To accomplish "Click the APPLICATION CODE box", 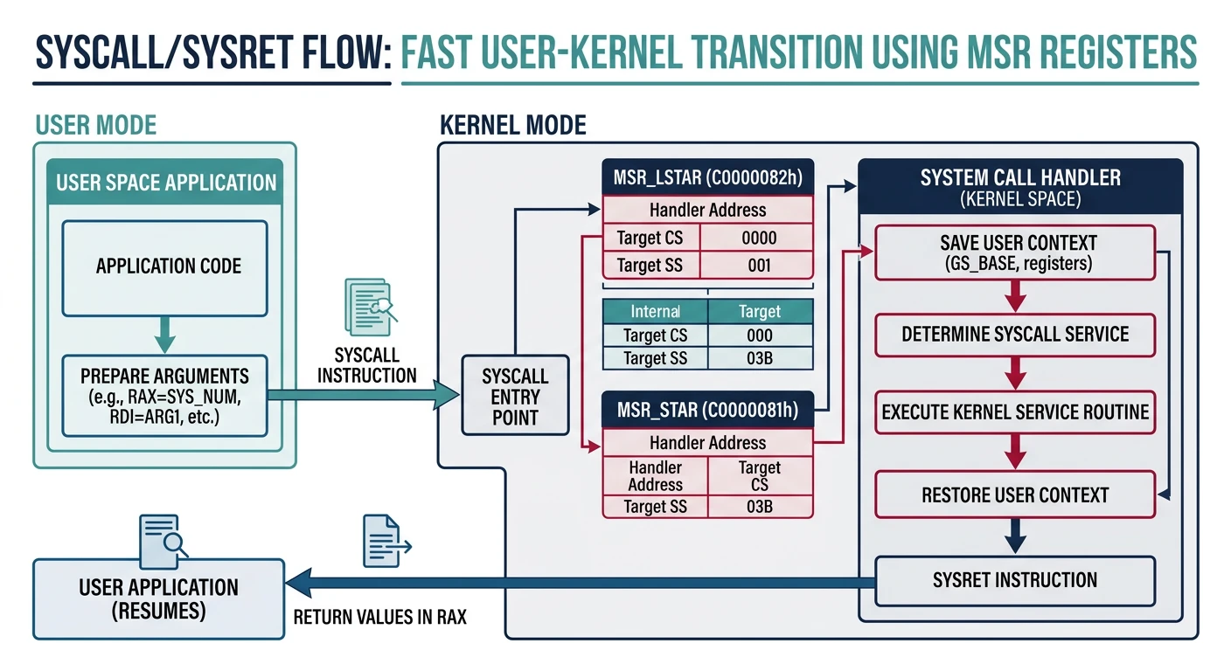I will pos(164,267).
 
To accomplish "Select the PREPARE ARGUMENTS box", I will pos(164,396).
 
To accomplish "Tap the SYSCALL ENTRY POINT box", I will pos(515,396).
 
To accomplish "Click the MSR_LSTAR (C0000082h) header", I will pos(707,178).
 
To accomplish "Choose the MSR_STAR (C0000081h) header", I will pos(707,411).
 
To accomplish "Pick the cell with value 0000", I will pos(759,238).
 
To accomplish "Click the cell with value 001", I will pos(759,265).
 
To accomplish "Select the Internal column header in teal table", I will pos(655,312).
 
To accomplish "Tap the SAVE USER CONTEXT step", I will pos(1015,252).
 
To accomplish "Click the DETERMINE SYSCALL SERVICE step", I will pos(1015,335).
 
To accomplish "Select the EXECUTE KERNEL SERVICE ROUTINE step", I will pos(1015,412).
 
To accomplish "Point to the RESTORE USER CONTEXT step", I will pos(1015,495).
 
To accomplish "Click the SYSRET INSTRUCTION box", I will pos(1015,579).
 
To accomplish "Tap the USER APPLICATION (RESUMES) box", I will pos(158,598).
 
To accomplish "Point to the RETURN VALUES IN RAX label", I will pos(379,618).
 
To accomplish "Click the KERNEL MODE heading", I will pos(512,125).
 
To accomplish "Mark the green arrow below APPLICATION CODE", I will pos(164,335).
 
